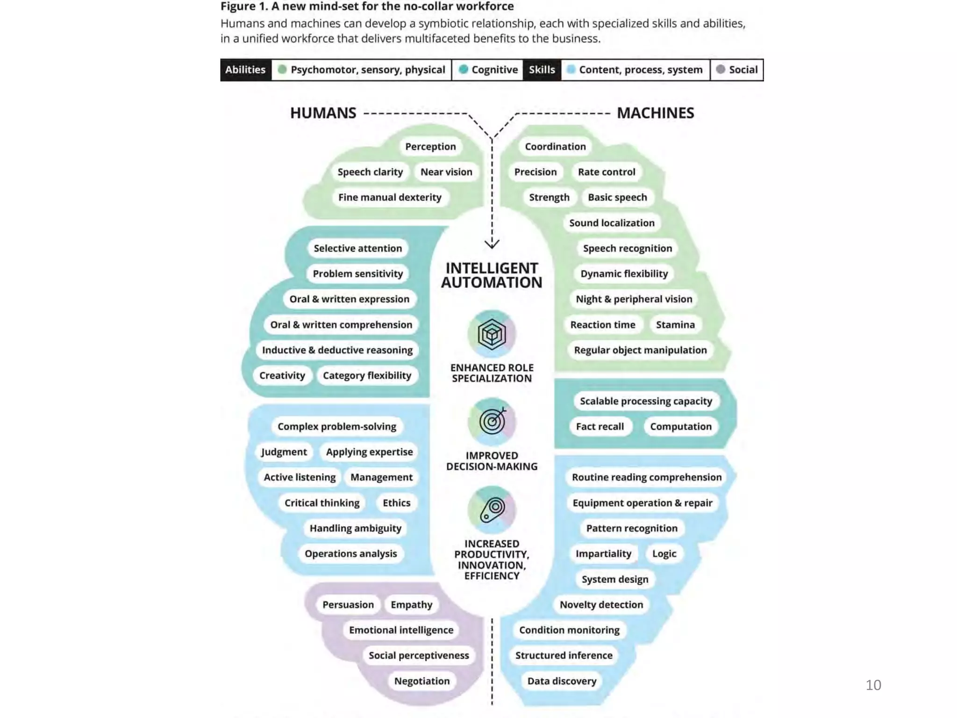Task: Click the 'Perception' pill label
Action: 430,146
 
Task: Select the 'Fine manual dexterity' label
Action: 390,197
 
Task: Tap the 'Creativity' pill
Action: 282,375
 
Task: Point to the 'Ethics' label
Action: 396,503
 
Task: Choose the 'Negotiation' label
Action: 421,681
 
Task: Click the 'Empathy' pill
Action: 411,604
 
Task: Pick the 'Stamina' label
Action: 675,324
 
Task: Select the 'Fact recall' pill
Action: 600,426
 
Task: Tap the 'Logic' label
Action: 664,553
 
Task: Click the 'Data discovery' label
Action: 562,681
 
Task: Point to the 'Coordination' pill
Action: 555,146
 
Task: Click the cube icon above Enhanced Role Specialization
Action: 492,334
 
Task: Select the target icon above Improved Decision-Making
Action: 492,422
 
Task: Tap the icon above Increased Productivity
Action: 492,510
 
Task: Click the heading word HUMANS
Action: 323,113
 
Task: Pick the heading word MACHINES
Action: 655,113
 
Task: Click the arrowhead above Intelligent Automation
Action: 492,244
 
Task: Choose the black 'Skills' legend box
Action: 542,70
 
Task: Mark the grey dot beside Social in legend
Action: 721,69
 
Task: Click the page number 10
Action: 873,685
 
